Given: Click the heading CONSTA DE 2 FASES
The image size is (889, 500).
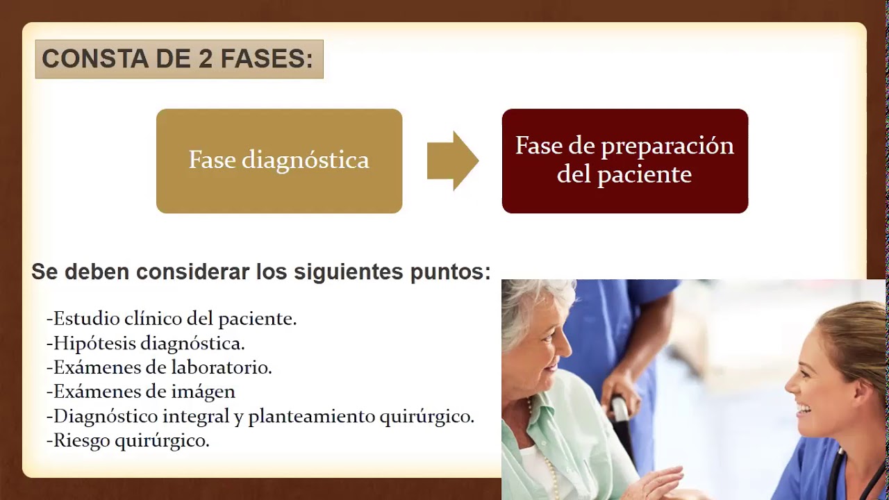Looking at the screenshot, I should point(178,59).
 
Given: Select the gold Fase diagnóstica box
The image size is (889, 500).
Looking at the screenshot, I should point(279,161).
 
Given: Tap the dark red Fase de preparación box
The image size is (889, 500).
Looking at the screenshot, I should point(624,161).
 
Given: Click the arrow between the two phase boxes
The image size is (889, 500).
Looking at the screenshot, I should point(451,160).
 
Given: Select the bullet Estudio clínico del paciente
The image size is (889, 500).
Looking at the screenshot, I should point(172,319).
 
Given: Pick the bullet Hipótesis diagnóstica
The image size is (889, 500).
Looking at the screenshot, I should point(146,343).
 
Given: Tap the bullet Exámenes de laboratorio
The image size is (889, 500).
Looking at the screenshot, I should point(159,367).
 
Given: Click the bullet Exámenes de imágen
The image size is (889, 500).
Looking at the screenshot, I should point(141,392).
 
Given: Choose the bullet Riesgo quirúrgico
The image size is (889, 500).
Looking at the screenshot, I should point(128,440).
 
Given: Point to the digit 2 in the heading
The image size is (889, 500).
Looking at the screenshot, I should point(206,59).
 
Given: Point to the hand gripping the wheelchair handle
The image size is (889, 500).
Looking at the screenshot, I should point(620,392).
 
